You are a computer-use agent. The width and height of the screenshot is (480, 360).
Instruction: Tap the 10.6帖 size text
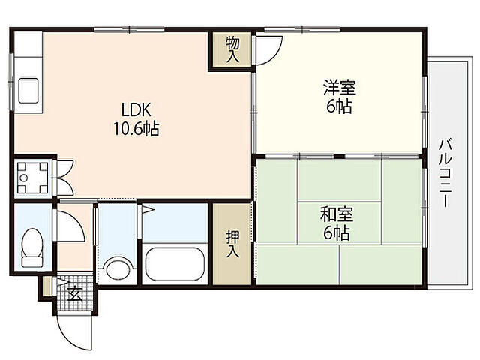[135, 129]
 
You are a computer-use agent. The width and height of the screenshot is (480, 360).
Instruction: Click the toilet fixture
[32, 247]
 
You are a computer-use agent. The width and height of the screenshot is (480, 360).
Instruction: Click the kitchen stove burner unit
[33, 177]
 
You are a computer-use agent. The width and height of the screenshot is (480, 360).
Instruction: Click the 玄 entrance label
[76, 293]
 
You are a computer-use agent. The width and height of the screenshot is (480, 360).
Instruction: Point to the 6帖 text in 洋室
[339, 106]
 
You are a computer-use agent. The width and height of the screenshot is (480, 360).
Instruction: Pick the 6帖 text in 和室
[335, 232]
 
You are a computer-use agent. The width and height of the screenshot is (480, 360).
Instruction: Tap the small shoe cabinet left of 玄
[47, 286]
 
